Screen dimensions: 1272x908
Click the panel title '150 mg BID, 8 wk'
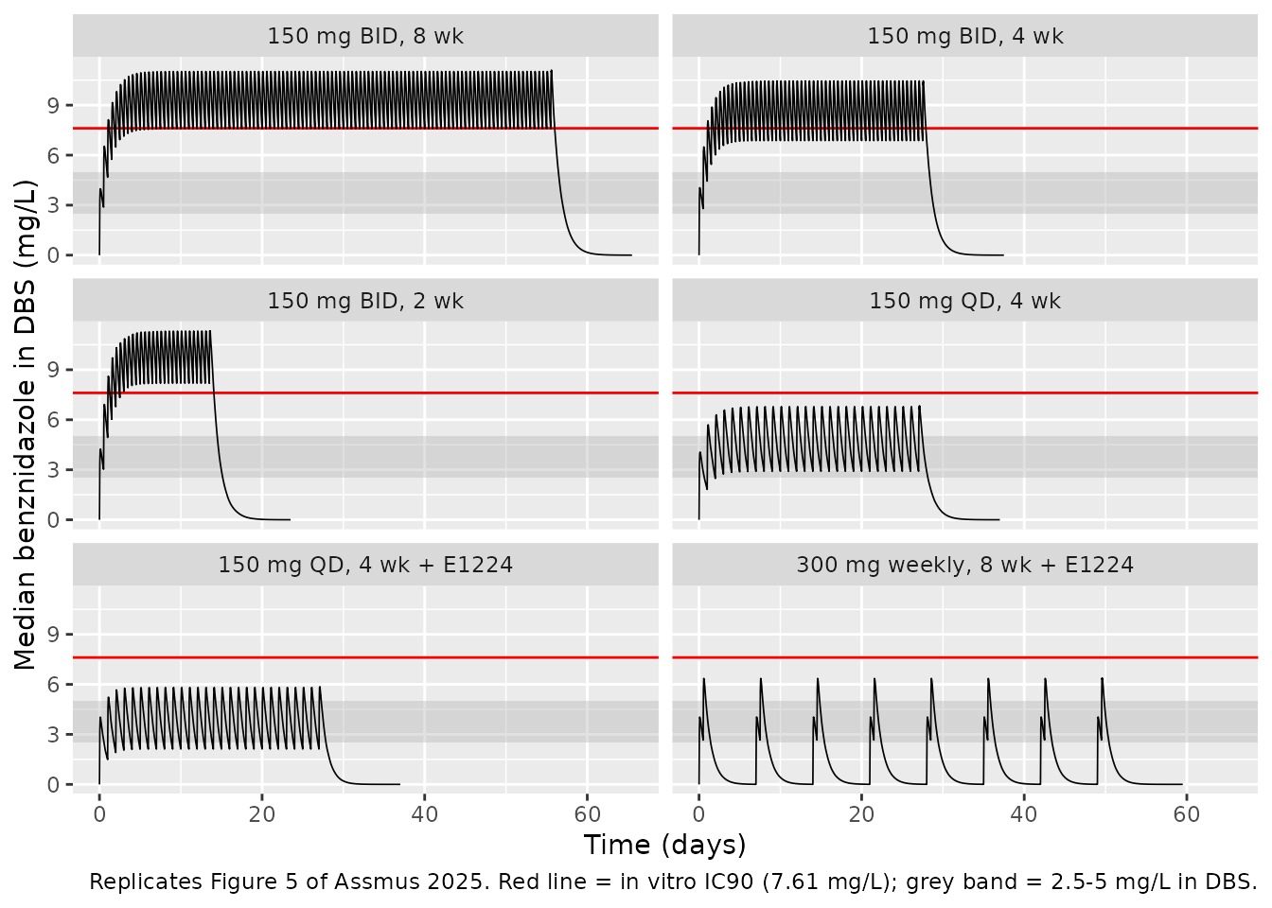[365, 36]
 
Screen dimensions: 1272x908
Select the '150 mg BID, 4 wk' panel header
[964, 36]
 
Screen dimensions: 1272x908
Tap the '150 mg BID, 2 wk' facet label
[365, 300]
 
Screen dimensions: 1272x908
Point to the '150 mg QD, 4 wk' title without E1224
[964, 300]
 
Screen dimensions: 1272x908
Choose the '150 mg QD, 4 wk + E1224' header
[365, 565]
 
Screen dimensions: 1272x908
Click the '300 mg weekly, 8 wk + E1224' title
[964, 565]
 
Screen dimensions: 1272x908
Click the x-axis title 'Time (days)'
[664, 845]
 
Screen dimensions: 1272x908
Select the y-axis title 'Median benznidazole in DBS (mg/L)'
[25, 425]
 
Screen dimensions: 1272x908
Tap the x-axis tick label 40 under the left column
[425, 815]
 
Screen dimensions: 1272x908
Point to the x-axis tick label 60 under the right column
[1186, 815]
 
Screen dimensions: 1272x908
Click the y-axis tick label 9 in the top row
[53, 106]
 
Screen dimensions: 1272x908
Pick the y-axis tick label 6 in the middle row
[53, 420]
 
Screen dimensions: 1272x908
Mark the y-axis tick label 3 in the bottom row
[53, 735]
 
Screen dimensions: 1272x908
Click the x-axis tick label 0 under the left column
[99, 815]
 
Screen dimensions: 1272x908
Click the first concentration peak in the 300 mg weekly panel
[703, 679]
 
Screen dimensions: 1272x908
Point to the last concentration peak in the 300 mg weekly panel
[1103, 678]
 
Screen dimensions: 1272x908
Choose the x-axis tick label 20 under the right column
[861, 815]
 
